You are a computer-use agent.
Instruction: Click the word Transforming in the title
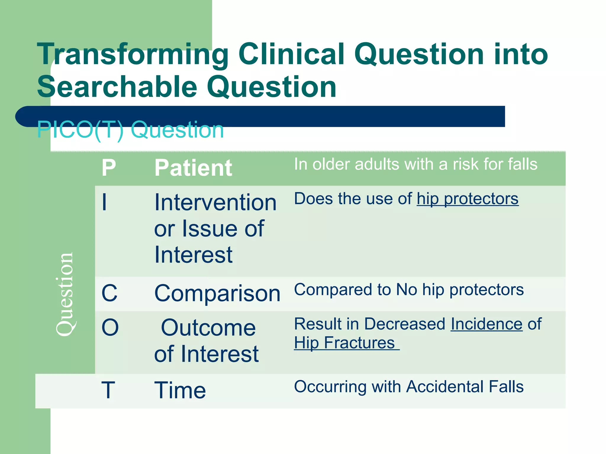tap(133, 55)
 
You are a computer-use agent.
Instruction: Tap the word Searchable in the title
tap(117, 87)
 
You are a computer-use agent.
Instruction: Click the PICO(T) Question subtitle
tap(130, 130)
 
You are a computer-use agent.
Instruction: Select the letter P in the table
tap(109, 168)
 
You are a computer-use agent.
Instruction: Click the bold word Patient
tap(193, 168)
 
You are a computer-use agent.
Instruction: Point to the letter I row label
tap(104, 202)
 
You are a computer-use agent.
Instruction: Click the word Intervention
tap(215, 202)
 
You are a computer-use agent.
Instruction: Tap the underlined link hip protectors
tap(468, 199)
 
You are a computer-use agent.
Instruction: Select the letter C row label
tap(109, 293)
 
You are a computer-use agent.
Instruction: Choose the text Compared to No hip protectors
tap(409, 290)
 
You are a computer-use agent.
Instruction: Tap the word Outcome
tap(208, 328)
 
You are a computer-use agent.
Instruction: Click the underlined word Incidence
tap(486, 324)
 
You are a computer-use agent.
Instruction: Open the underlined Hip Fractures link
tap(345, 343)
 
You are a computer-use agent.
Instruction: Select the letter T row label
tap(108, 390)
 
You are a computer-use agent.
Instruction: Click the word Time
tap(180, 390)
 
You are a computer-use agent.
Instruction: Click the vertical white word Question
tap(65, 294)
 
